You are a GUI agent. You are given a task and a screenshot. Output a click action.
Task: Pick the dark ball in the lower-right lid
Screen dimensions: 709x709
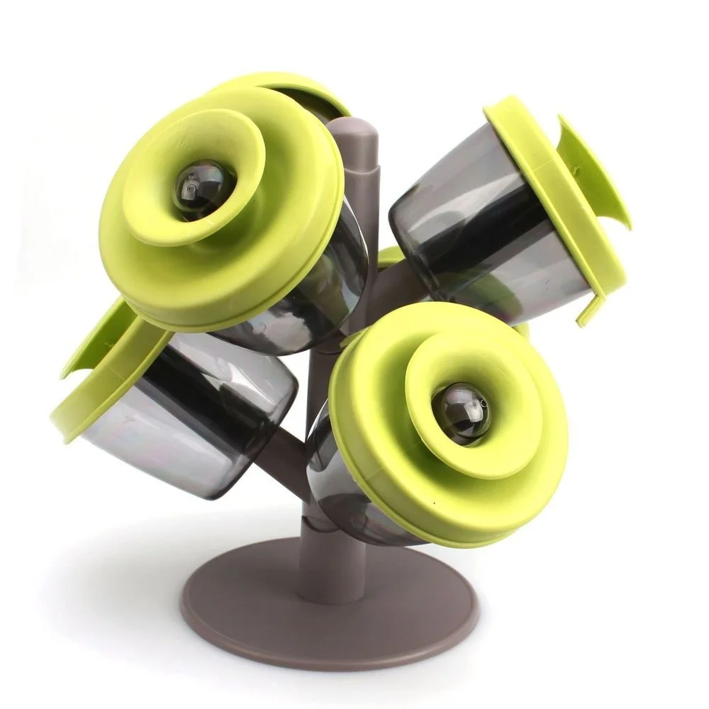461,413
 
